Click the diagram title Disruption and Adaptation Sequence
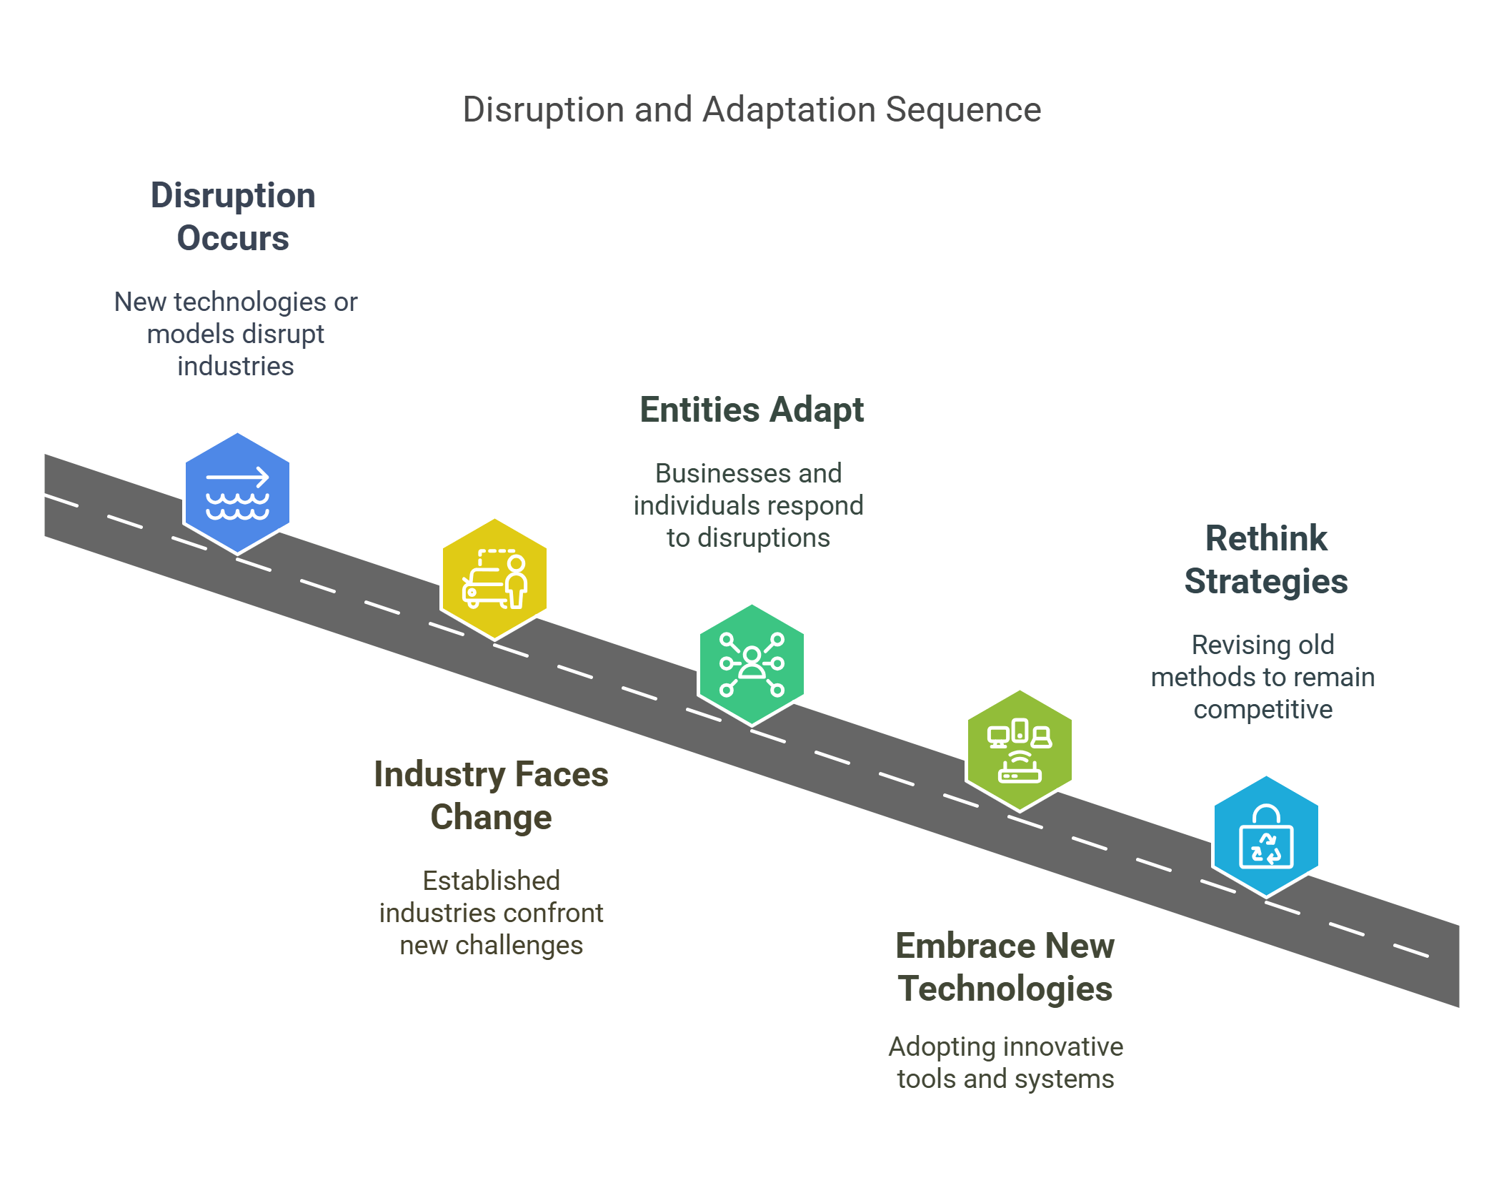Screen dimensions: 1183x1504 (x=752, y=109)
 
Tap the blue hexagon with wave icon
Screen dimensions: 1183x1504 (x=237, y=493)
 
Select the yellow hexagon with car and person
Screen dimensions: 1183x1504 (x=494, y=579)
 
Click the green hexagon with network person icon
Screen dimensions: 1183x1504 (x=752, y=665)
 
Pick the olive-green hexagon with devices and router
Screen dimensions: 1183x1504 (x=1020, y=751)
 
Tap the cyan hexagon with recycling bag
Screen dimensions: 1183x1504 (x=1266, y=836)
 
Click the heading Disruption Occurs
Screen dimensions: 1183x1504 (x=233, y=216)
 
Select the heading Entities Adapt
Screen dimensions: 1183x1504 (x=752, y=410)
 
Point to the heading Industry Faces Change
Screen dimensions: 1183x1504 (x=491, y=795)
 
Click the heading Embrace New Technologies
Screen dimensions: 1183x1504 (x=1005, y=966)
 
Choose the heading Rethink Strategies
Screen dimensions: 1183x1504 (x=1265, y=559)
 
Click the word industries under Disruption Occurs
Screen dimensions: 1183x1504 (x=235, y=366)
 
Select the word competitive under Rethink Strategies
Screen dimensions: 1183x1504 (x=1263, y=709)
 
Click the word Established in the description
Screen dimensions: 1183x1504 (x=491, y=881)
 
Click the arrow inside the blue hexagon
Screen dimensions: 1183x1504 (x=237, y=477)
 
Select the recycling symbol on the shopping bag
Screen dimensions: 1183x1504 (x=1266, y=849)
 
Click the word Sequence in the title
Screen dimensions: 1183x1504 (x=963, y=109)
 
